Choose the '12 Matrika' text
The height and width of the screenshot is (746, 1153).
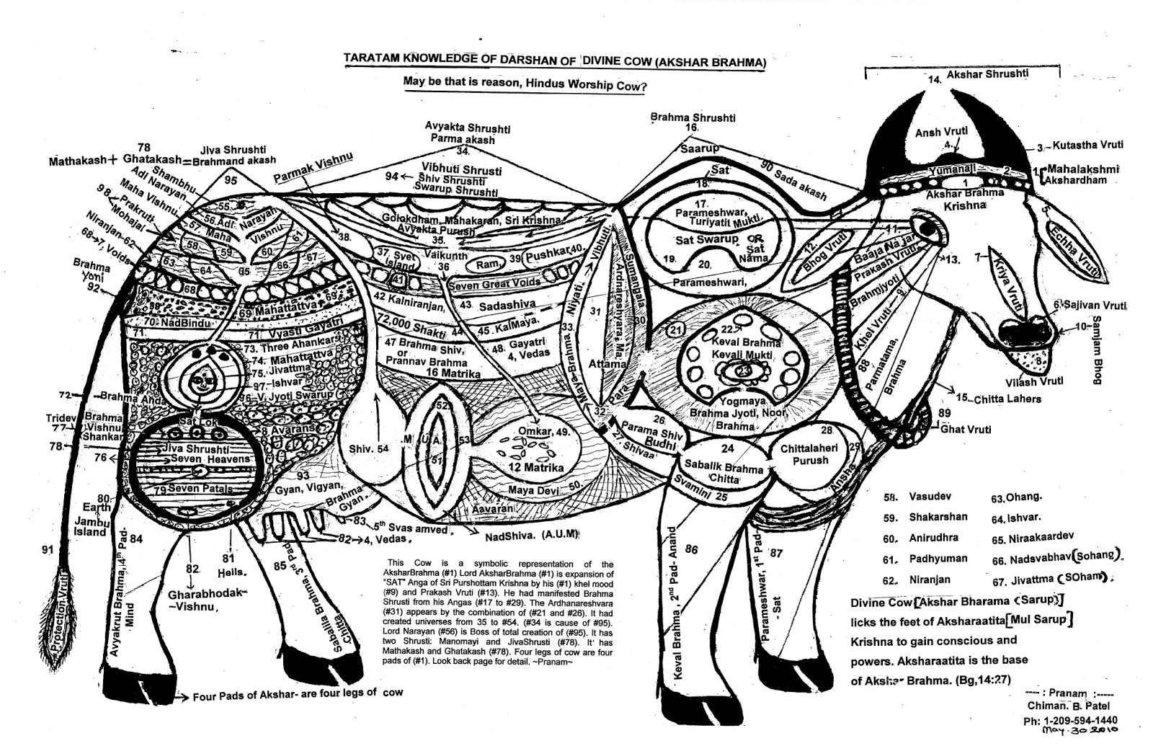coord(535,467)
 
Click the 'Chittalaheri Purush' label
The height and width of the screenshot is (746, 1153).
coord(809,454)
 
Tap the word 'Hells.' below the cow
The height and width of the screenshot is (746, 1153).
coord(232,572)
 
